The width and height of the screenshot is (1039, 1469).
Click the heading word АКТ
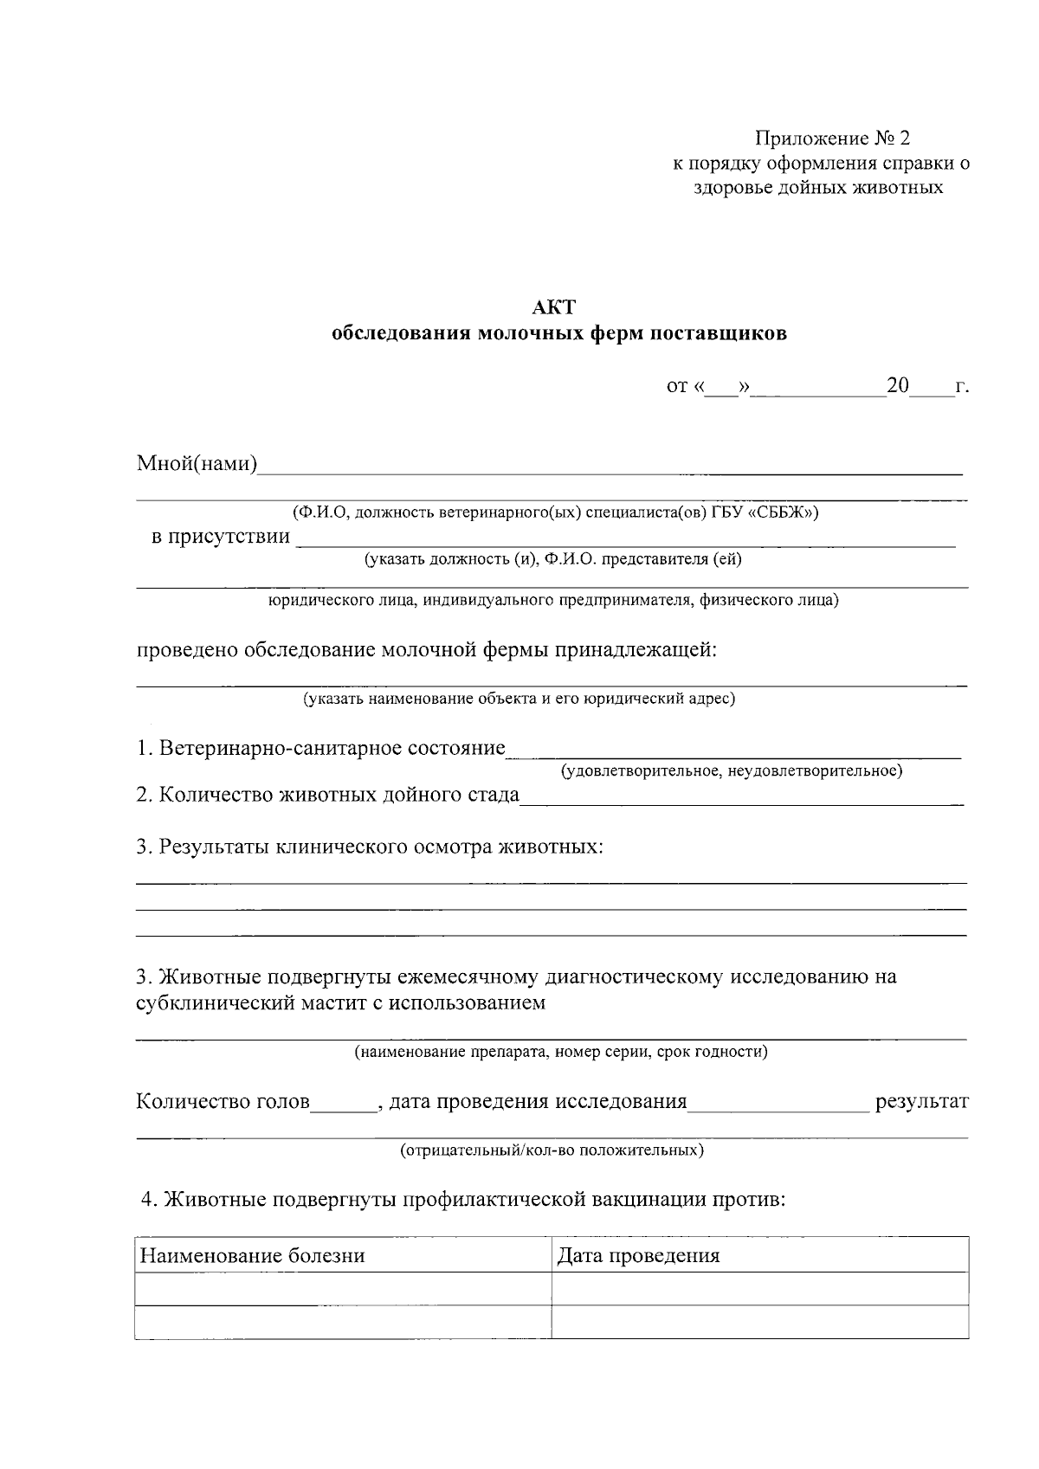point(554,307)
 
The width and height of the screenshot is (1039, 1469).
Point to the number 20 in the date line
point(897,385)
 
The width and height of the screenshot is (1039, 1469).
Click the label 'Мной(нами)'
point(197,464)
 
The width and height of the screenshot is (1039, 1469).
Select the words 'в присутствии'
point(221,537)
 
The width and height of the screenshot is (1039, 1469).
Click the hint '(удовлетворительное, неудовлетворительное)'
point(732,770)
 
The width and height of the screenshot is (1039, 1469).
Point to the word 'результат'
point(922,1102)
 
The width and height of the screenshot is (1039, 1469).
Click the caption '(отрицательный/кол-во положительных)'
point(552,1150)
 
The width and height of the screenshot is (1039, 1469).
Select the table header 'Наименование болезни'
point(253,1256)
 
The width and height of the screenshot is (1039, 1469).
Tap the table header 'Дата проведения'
point(638,1256)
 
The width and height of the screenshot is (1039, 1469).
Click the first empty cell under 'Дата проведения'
point(759,1288)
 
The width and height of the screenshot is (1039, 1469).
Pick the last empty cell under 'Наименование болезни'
point(344,1322)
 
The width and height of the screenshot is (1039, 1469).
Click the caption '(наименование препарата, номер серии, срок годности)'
point(560,1053)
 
